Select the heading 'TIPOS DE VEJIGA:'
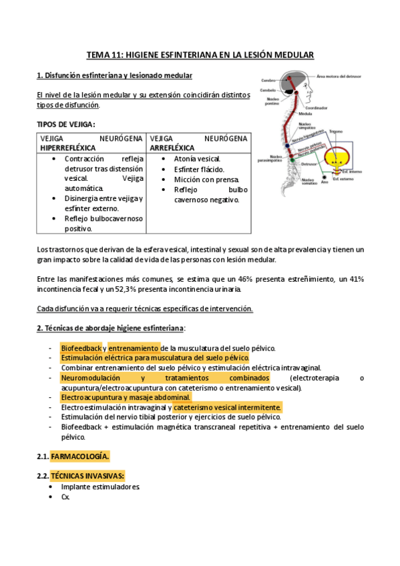(66, 124)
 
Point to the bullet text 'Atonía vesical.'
(197, 160)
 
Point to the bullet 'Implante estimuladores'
(100, 487)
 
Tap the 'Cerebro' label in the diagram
(270, 81)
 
